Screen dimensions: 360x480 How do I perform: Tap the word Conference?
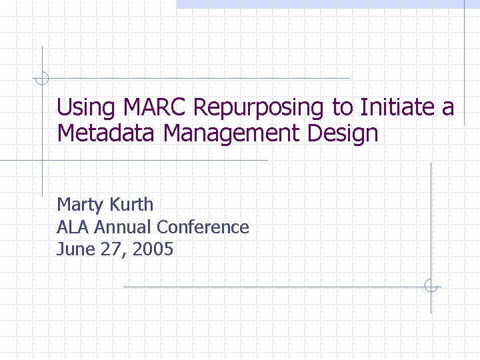tap(203, 227)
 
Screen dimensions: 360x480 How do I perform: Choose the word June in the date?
tap(72, 250)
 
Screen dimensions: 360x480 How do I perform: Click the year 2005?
tap(153, 250)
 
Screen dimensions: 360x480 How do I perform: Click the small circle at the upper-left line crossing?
tap(42, 78)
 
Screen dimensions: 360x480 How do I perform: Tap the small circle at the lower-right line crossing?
tap(431, 286)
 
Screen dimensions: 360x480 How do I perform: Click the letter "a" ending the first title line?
tap(447, 108)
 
